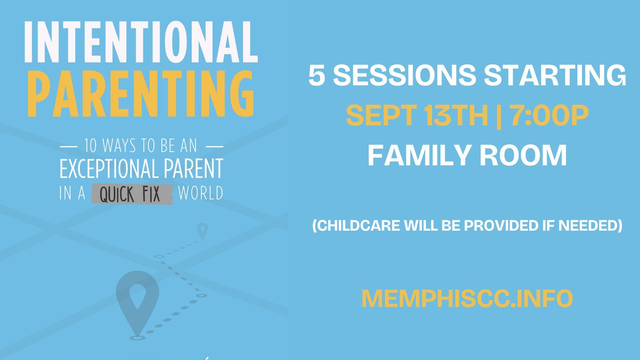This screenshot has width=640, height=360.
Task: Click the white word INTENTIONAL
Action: pyautogui.click(x=141, y=42)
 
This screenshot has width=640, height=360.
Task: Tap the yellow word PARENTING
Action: pyautogui.click(x=141, y=94)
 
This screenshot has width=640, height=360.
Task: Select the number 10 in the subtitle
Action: pyautogui.click(x=91, y=146)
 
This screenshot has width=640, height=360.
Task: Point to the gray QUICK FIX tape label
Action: pyautogui.click(x=132, y=194)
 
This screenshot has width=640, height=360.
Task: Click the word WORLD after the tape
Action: pyautogui.click(x=201, y=193)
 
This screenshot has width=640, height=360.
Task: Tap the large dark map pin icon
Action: pyautogui.click(x=138, y=302)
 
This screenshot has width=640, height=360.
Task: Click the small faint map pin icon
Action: pyautogui.click(x=202, y=230)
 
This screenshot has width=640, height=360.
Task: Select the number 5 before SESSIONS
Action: pyautogui.click(x=317, y=75)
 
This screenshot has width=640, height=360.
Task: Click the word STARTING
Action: pyautogui.click(x=555, y=75)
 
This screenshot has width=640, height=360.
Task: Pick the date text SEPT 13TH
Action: pyautogui.click(x=417, y=115)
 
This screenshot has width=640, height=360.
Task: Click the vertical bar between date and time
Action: pyautogui.click(x=499, y=116)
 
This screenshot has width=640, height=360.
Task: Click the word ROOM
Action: pyautogui.click(x=523, y=155)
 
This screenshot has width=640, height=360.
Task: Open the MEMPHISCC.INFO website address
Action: pyautogui.click(x=467, y=299)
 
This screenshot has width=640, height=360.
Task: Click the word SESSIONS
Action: pyautogui.click(x=405, y=75)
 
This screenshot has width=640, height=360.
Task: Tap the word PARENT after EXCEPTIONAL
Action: pyautogui.click(x=193, y=169)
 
